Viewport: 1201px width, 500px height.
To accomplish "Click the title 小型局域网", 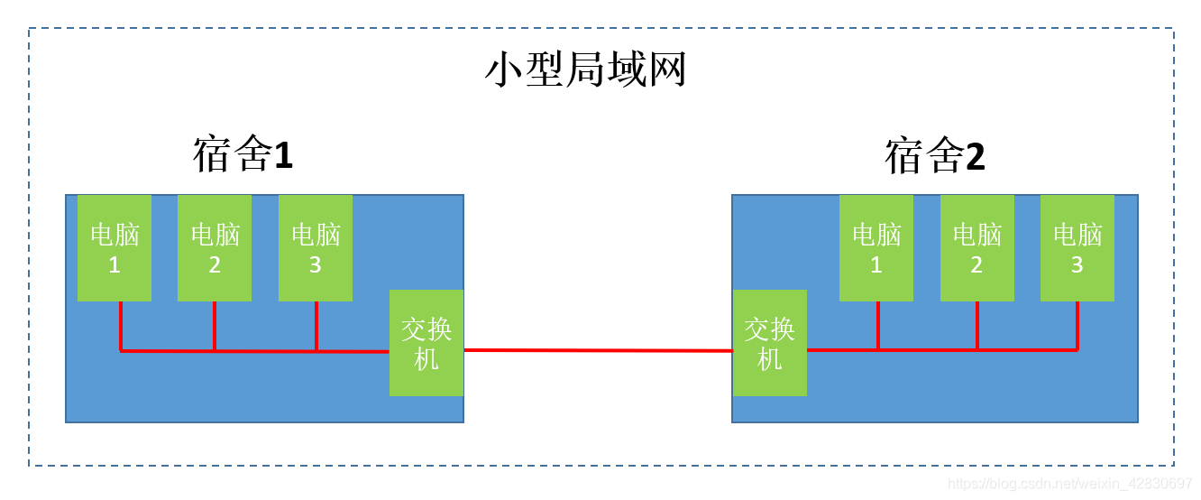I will (586, 70).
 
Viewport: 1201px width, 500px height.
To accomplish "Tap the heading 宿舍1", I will (243, 155).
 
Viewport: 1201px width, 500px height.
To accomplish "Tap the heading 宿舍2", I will (935, 156).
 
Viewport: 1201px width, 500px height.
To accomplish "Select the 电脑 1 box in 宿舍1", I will (115, 248).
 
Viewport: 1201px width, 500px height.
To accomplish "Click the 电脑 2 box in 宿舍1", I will (215, 248).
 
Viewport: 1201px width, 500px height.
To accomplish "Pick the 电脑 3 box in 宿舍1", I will (316, 248).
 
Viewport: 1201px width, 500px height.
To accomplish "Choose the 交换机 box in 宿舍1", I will (426, 343).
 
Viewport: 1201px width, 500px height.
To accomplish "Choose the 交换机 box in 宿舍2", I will (769, 343).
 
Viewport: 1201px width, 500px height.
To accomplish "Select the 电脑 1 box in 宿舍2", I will (876, 248).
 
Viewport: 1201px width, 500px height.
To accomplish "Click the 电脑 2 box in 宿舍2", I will (977, 248).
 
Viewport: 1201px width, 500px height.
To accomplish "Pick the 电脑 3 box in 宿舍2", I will (1077, 248).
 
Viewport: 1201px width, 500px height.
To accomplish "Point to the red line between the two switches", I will (598, 350).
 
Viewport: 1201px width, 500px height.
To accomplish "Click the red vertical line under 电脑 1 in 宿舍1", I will (120, 325).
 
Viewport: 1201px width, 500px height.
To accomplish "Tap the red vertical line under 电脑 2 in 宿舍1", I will (215, 325).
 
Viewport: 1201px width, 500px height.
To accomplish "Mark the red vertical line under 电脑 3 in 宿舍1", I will (316, 325).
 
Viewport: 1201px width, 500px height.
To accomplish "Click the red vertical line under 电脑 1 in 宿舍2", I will (877, 325).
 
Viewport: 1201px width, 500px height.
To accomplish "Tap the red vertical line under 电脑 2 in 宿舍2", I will (977, 325).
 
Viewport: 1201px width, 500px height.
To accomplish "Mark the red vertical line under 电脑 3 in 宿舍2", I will (1077, 325).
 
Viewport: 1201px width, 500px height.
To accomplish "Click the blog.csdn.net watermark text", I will (1070, 484).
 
